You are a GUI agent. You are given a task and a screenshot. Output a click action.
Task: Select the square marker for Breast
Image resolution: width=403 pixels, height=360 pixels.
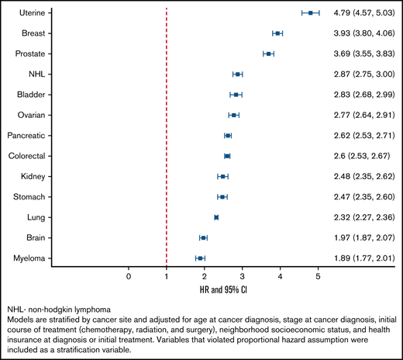click(x=277, y=33)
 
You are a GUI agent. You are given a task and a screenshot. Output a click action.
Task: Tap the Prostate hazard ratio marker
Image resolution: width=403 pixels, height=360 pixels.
click(x=268, y=54)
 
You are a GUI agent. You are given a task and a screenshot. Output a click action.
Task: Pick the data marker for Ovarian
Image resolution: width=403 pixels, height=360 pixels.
click(x=233, y=115)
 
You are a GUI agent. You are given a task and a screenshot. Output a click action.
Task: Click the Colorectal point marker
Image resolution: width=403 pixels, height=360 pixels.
click(x=227, y=156)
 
